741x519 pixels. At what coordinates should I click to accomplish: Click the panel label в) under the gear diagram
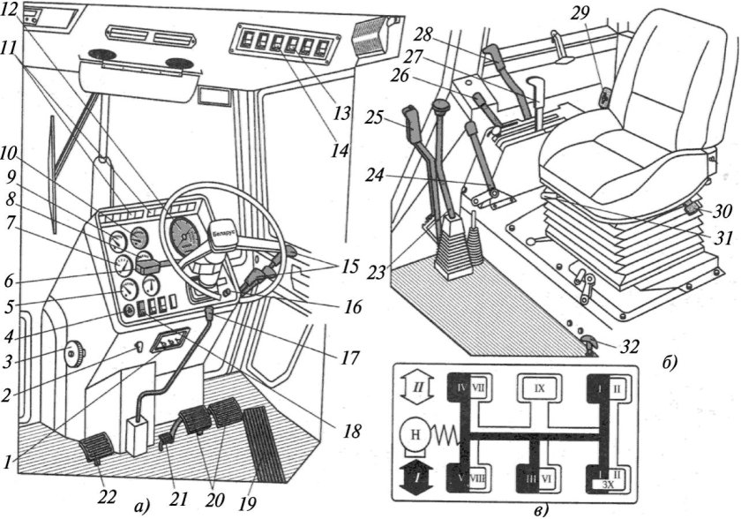541,509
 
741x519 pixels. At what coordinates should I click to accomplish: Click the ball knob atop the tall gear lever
441,109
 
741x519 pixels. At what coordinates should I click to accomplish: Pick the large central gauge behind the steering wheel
185,236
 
